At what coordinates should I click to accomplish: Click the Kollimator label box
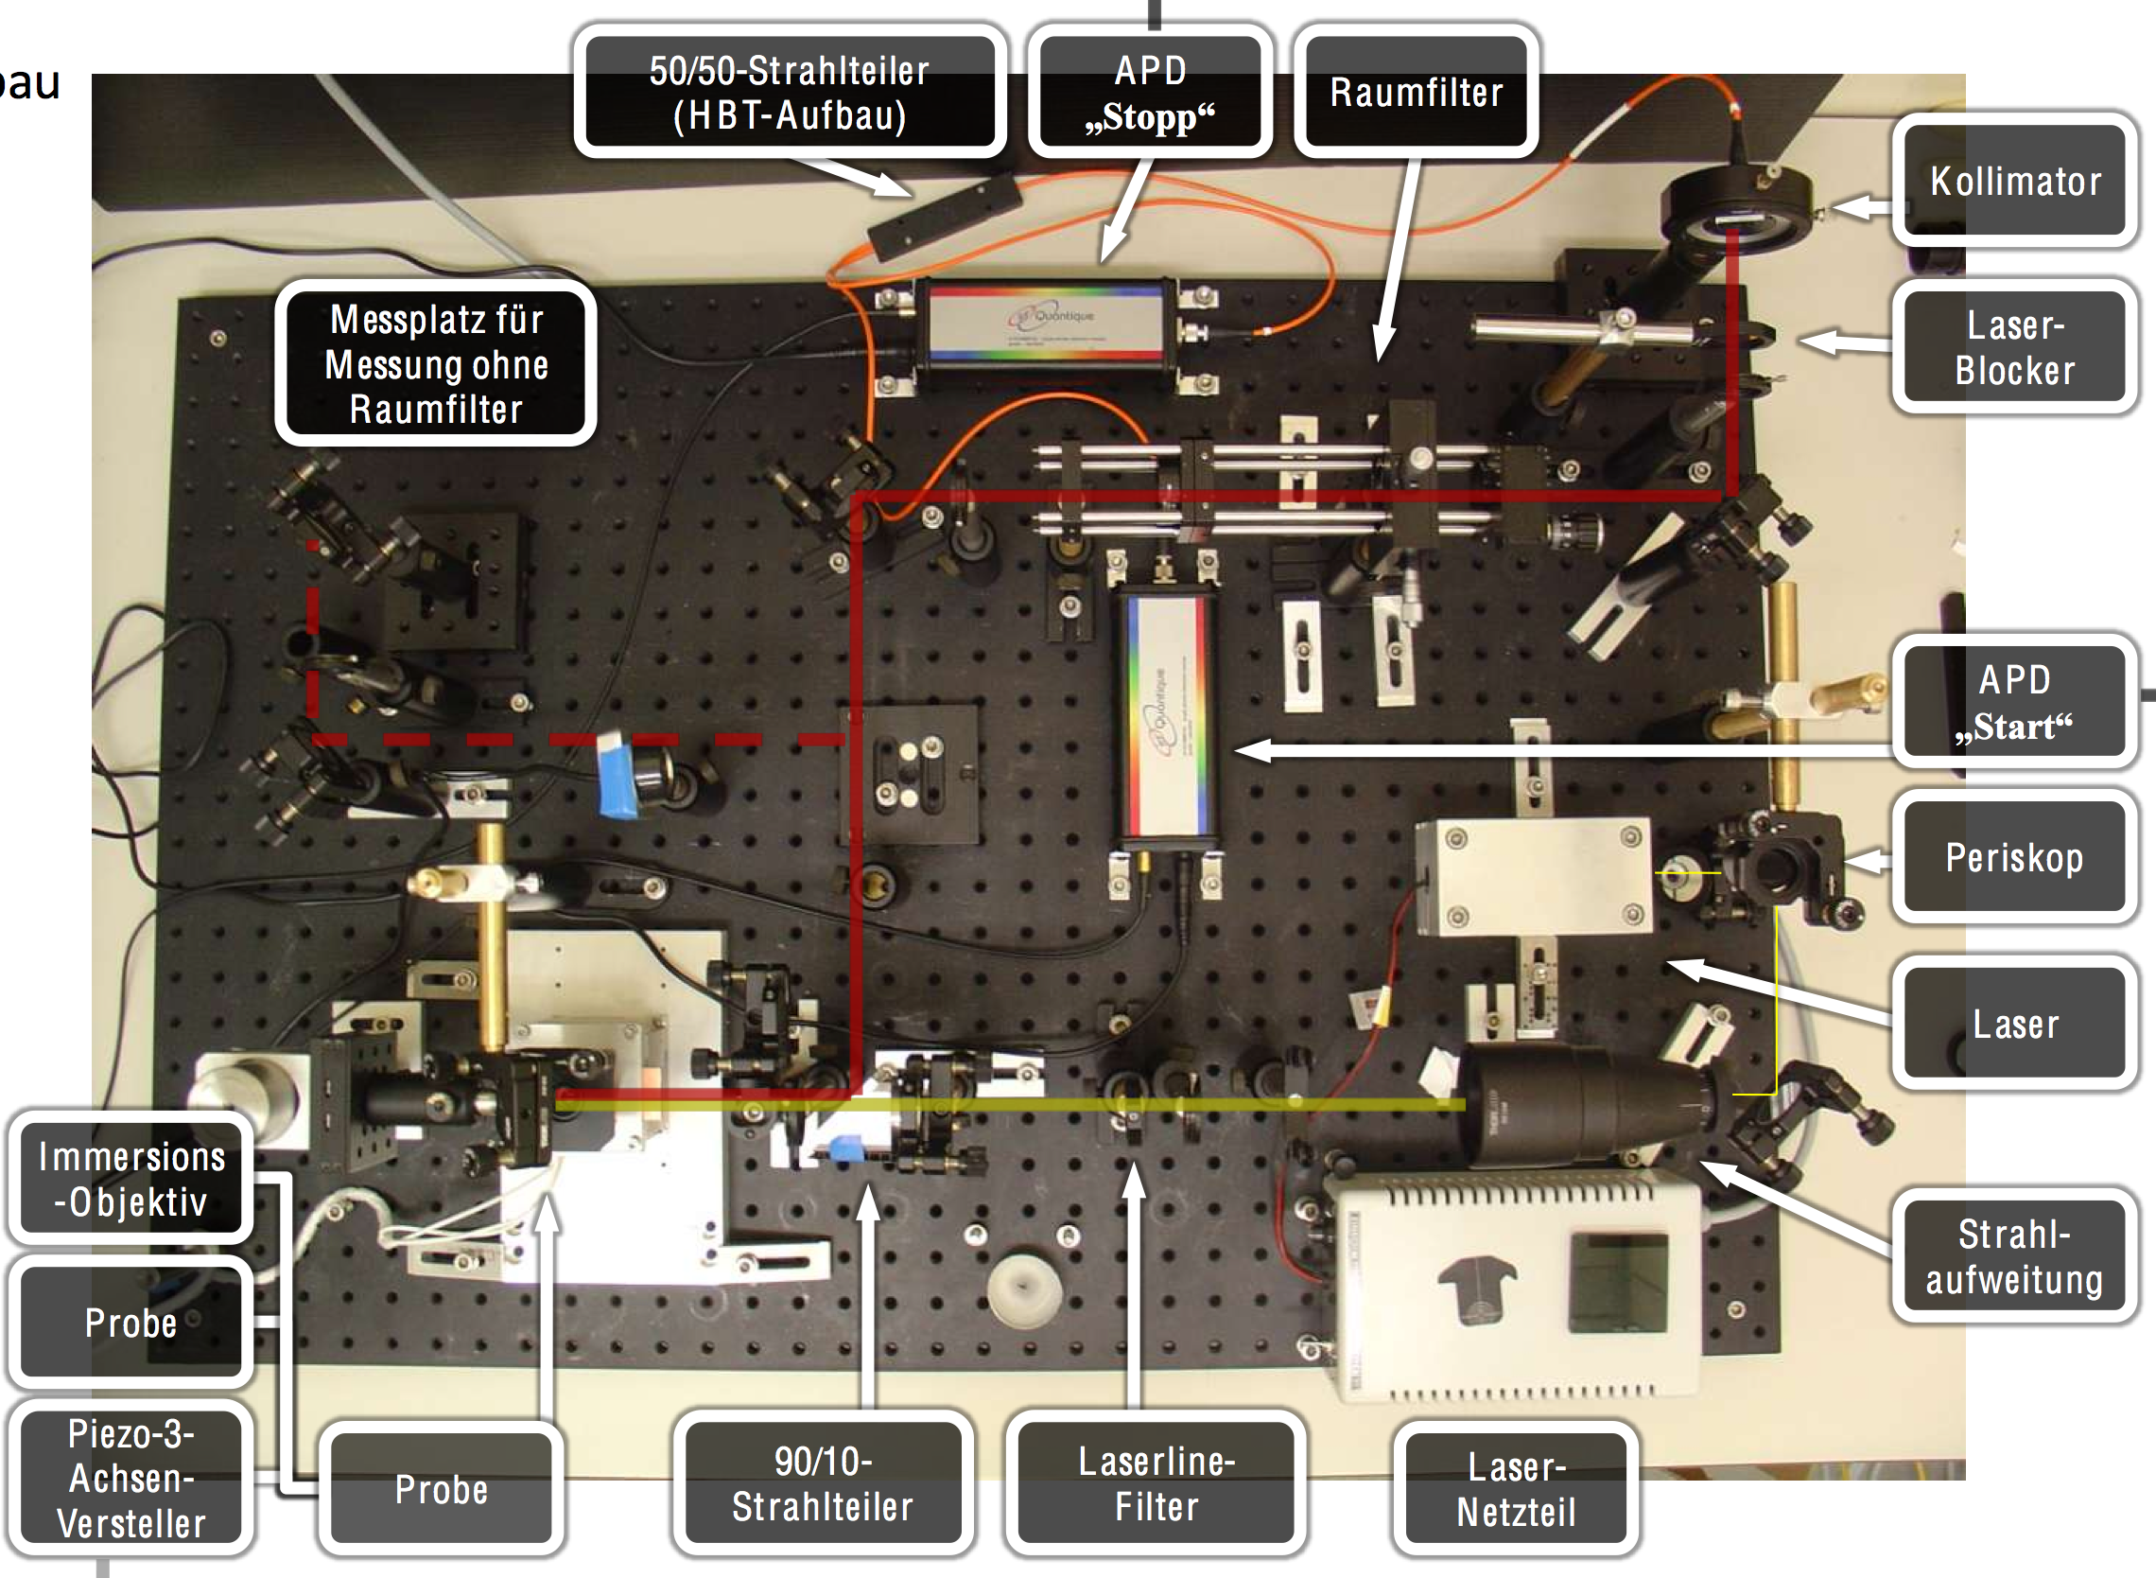(2014, 181)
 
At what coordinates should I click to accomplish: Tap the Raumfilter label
(1415, 92)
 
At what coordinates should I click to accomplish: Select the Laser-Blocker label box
(2014, 348)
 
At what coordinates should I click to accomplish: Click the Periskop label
(2014, 857)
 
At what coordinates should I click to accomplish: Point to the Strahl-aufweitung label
(2014, 1256)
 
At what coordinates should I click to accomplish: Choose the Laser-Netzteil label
(1515, 1488)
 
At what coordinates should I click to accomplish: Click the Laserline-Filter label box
(1156, 1482)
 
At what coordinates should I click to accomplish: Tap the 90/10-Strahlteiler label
(822, 1482)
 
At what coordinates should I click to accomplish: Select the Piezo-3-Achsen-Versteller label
(130, 1477)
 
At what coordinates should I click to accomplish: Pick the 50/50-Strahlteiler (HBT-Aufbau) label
(789, 92)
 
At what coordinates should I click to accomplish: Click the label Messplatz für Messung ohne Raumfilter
(436, 363)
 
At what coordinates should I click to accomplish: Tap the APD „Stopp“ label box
(1150, 92)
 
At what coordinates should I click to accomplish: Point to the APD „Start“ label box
(2014, 702)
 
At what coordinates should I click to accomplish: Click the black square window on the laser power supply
(1618, 1283)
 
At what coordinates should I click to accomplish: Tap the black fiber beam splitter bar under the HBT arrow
(944, 216)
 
